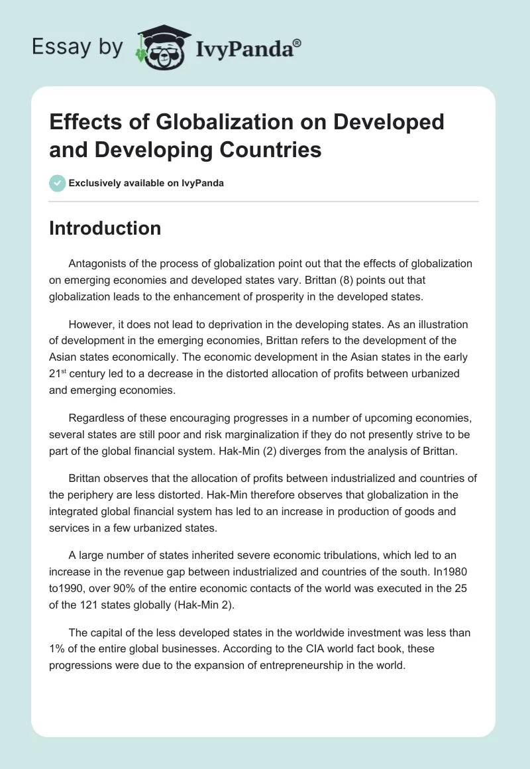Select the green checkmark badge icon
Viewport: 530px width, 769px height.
point(58,183)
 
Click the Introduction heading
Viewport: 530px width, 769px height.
point(105,228)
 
